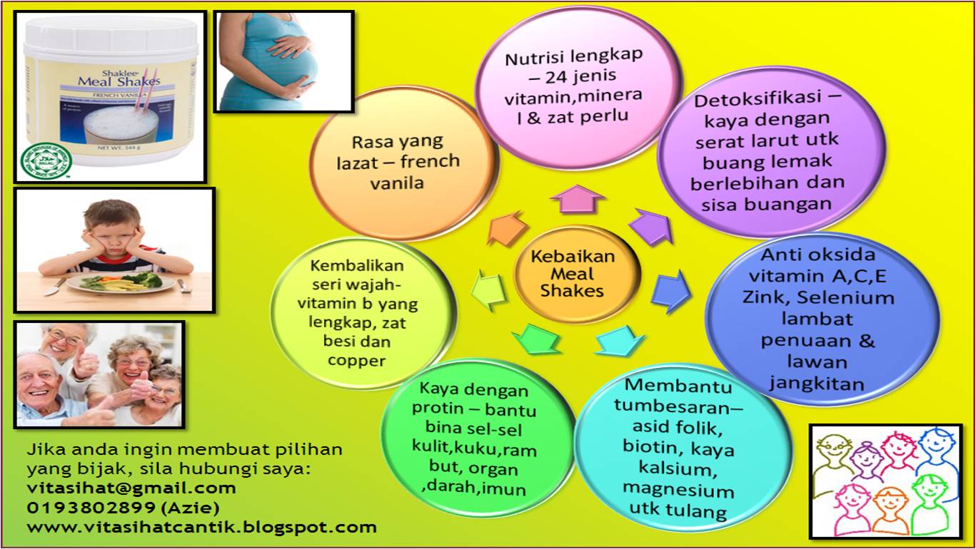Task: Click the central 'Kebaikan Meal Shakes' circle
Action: [577, 274]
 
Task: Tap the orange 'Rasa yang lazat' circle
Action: [404, 163]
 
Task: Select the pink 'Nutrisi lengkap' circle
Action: [578, 88]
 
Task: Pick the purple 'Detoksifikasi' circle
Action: [770, 151]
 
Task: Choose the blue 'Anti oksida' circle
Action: [822, 319]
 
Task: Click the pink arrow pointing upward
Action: [578, 199]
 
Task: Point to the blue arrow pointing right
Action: [671, 291]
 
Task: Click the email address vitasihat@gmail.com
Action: [131, 488]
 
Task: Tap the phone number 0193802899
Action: [91, 508]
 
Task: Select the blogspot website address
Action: [202, 528]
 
